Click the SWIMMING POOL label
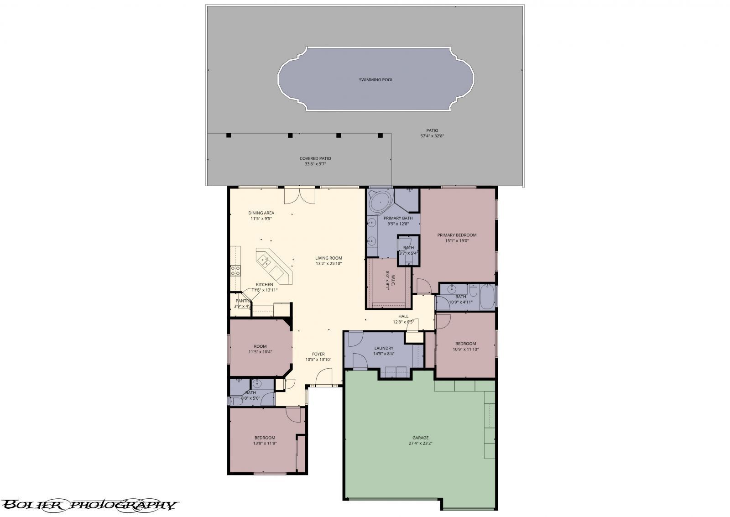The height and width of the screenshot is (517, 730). point(376,80)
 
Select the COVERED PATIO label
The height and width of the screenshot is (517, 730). point(315,158)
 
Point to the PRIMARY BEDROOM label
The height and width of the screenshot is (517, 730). point(457,235)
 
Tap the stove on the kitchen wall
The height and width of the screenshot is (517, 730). point(235,271)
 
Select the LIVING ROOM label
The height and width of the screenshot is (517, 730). point(328,258)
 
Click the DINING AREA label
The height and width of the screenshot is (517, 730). point(261,213)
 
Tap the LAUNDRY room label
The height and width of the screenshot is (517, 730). point(384,348)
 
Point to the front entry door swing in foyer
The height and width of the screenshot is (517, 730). point(323,377)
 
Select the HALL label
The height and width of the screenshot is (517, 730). point(403,316)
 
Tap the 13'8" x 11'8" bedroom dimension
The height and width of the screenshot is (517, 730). point(265,443)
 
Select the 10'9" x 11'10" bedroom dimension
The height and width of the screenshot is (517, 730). point(465,350)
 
